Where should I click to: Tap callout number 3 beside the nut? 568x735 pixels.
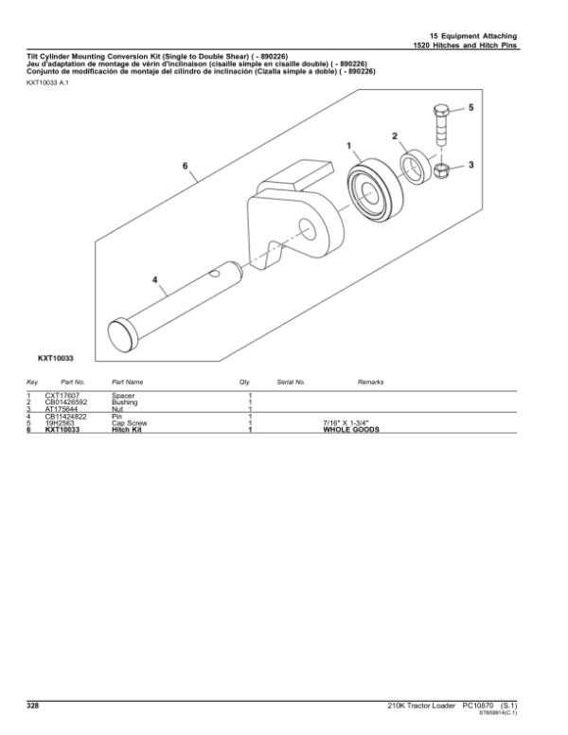click(x=470, y=165)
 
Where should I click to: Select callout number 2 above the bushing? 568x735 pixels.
click(x=395, y=137)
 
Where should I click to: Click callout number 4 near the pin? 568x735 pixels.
click(x=155, y=279)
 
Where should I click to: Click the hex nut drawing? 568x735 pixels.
click(x=440, y=171)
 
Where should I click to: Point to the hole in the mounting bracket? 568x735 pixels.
click(x=308, y=226)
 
